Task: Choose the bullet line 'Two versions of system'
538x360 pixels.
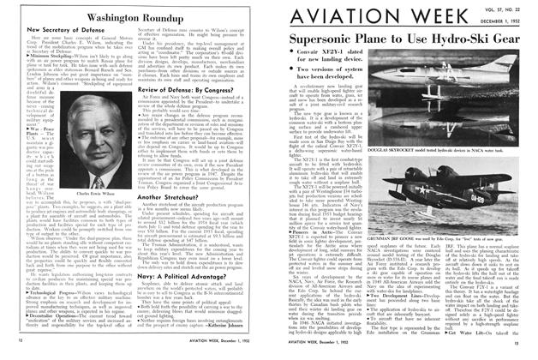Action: click(x=339, y=91)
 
